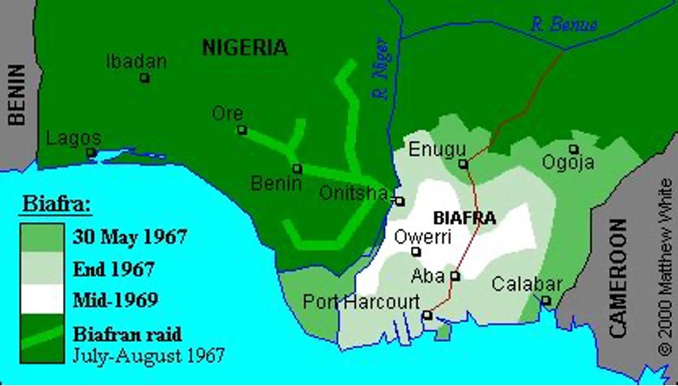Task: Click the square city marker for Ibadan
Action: [x=144, y=78]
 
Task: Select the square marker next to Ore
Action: [x=241, y=129]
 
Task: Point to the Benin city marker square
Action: [x=297, y=169]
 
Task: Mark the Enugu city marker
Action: [x=463, y=164]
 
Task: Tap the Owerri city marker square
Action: [x=416, y=252]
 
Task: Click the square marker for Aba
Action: [x=455, y=276]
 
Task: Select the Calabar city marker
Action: [x=546, y=300]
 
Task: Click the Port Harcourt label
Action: [x=361, y=301]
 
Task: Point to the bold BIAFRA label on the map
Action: [x=464, y=217]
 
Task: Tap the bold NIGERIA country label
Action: [x=245, y=48]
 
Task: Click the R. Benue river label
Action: [x=563, y=24]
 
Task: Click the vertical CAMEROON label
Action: [x=617, y=277]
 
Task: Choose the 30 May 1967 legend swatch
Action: [x=42, y=237]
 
